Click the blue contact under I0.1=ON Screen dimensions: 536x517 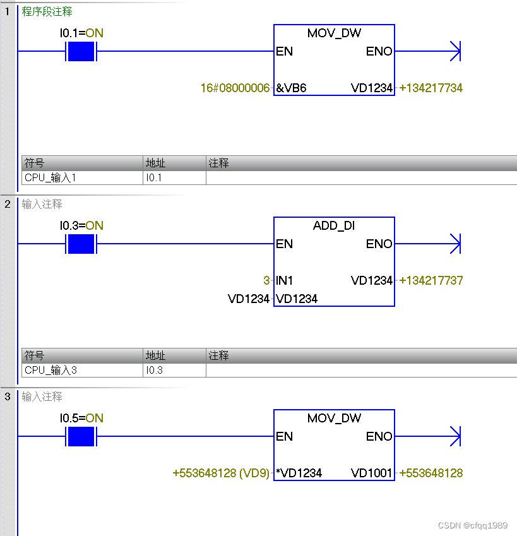(x=80, y=51)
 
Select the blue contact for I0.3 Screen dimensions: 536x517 (x=80, y=244)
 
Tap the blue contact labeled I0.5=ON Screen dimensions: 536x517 (x=80, y=436)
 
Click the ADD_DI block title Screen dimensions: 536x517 (x=334, y=226)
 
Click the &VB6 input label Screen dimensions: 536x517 (x=291, y=88)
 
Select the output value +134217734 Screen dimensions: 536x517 (x=431, y=88)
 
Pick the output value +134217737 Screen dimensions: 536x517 (x=431, y=281)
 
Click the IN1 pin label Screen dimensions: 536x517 (x=285, y=281)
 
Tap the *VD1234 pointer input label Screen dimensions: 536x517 (x=299, y=473)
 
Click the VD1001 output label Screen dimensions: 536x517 (x=372, y=473)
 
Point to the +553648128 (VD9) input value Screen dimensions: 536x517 (x=221, y=473)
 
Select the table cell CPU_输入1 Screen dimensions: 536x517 (x=51, y=178)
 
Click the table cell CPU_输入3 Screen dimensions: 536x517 (x=51, y=371)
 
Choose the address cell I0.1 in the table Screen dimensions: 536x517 (x=154, y=178)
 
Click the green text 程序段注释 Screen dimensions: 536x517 (x=47, y=11)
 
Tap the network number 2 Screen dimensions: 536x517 (x=8, y=204)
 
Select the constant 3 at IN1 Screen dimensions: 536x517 (x=266, y=281)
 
